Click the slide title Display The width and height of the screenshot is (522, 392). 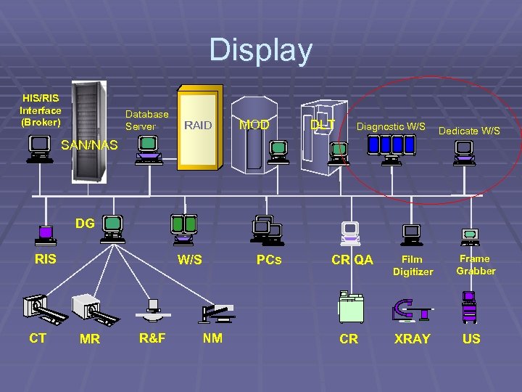261,51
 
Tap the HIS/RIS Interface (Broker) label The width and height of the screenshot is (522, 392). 41,110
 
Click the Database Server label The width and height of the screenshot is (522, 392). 146,120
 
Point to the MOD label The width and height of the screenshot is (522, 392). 254,125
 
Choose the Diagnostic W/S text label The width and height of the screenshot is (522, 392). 391,126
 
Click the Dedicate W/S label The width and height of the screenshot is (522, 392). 470,131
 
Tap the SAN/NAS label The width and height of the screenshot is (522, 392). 89,145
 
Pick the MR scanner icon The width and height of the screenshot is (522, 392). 97,309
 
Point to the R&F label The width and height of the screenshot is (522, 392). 152,338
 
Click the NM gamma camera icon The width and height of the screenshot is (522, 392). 217,313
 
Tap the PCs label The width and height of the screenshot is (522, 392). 269,259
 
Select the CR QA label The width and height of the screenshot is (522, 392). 352,259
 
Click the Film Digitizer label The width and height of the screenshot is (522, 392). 413,265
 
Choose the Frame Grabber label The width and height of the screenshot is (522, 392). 476,264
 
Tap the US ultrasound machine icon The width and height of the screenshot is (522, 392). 470,306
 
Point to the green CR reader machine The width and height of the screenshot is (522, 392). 351,307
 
